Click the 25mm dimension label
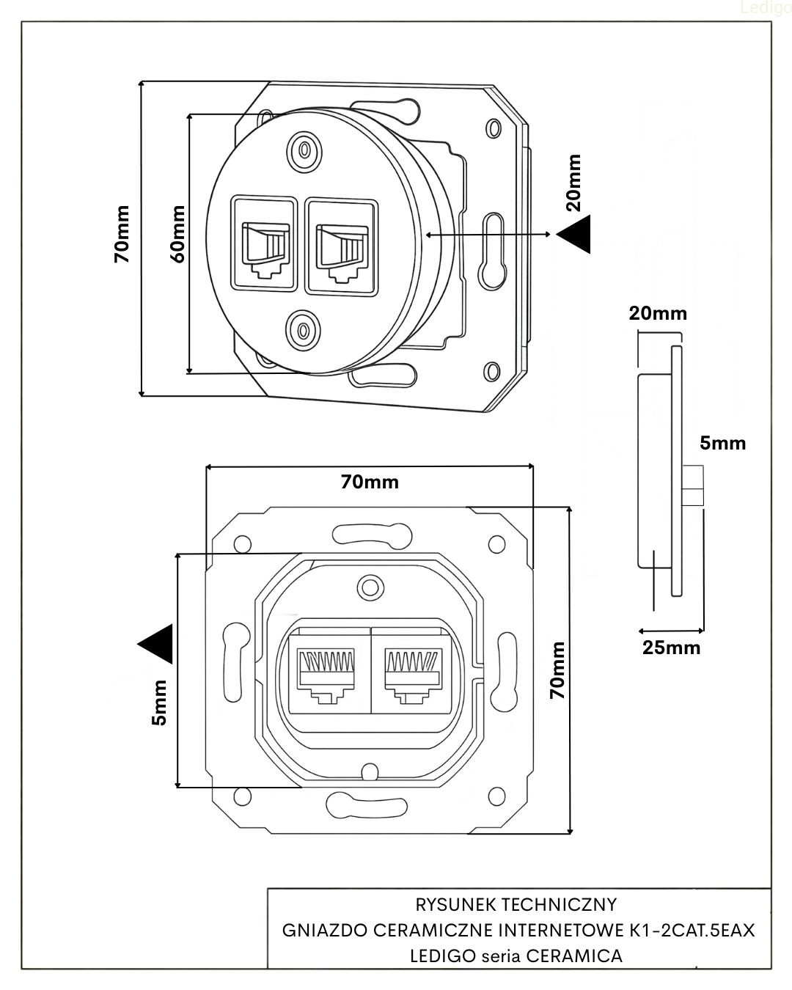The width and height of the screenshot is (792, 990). point(671,648)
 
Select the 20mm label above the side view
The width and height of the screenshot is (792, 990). point(658,314)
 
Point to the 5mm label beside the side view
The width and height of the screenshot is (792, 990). point(722,443)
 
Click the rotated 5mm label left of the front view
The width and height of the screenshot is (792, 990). point(159,702)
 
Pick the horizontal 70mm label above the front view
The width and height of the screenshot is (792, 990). point(370,482)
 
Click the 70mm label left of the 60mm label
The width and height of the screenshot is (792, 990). point(122,235)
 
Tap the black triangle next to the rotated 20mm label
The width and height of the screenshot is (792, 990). point(574,235)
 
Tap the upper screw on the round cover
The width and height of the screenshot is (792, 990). point(302,149)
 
